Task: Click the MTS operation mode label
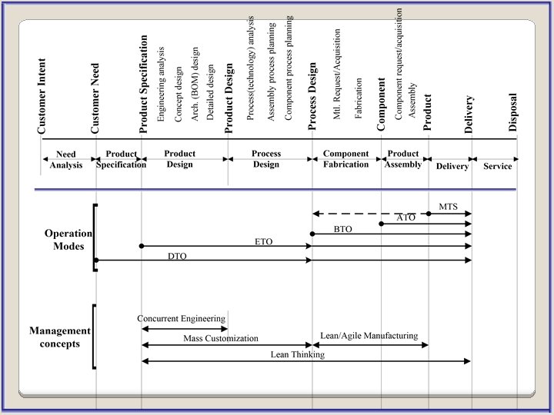click(x=449, y=207)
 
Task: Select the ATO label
click(x=406, y=217)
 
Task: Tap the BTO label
click(x=343, y=229)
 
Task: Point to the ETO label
click(x=264, y=241)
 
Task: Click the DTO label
click(x=177, y=254)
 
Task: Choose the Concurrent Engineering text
click(x=182, y=318)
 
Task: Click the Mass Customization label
click(x=221, y=338)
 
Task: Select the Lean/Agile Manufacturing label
click(x=369, y=335)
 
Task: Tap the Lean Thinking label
click(x=297, y=354)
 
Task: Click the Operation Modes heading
click(x=68, y=240)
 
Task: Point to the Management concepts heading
click(x=59, y=337)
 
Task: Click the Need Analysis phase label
click(x=66, y=160)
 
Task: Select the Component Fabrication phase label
click(x=346, y=159)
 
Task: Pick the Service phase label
click(x=497, y=166)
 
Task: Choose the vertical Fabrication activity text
click(x=359, y=98)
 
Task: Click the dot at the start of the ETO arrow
click(x=142, y=246)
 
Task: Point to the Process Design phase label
click(x=266, y=159)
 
